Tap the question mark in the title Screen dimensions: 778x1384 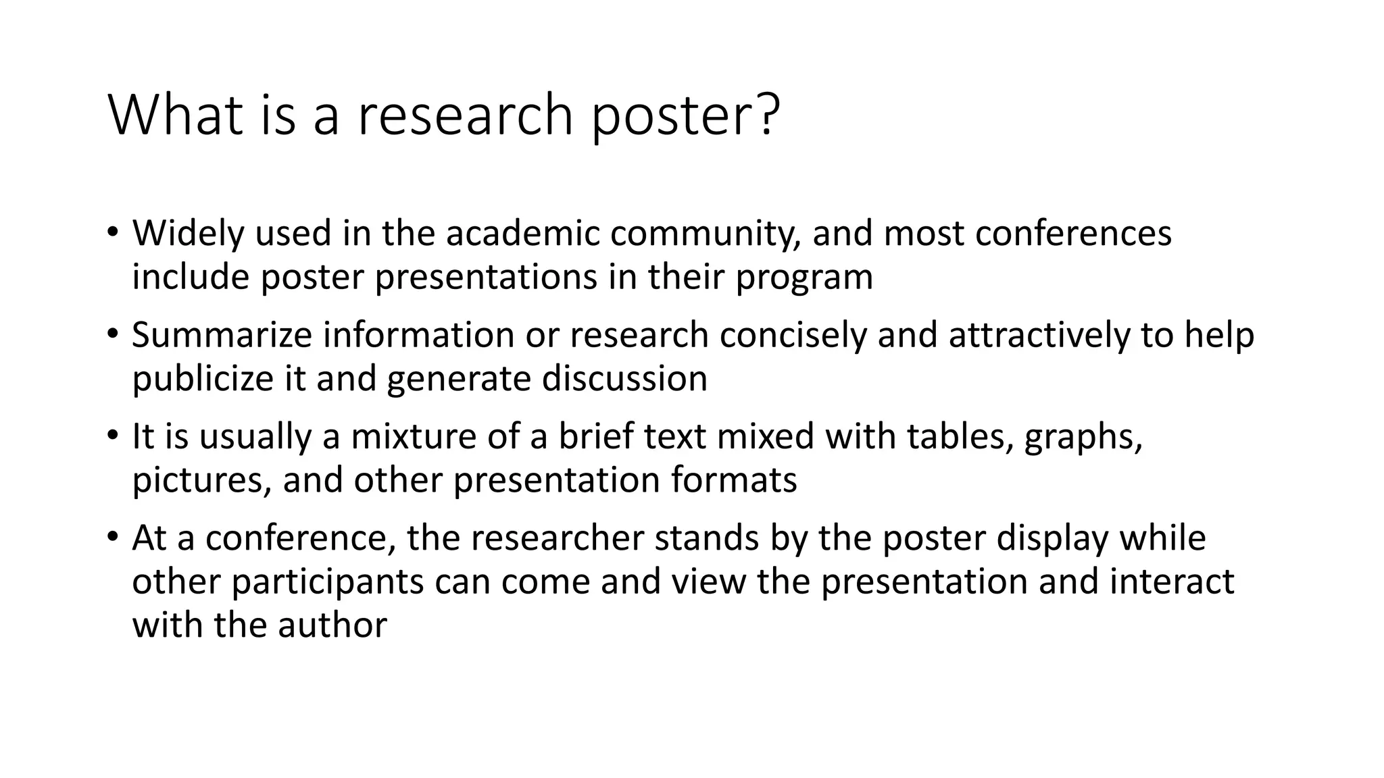pos(766,115)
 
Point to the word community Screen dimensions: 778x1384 pos(706,234)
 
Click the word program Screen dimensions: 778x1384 pos(804,278)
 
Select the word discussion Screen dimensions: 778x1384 pos(624,379)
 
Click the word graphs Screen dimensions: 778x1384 pos(1083,437)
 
